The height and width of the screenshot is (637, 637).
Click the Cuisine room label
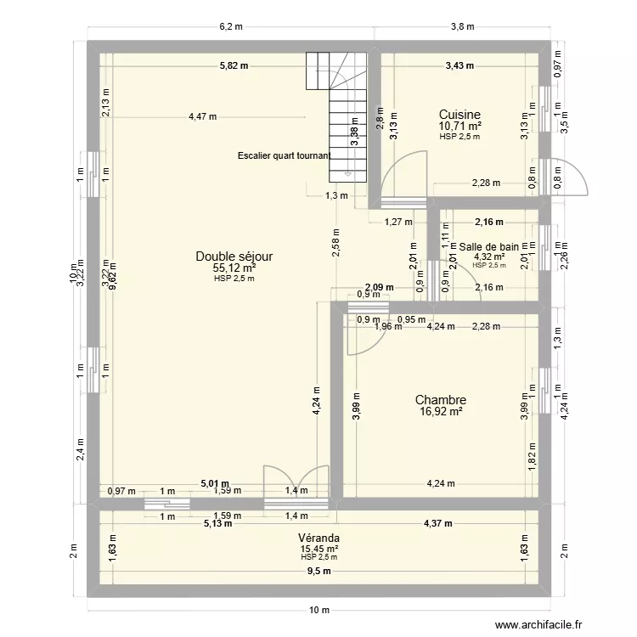pyautogui.click(x=459, y=115)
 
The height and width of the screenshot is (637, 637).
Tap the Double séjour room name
pyautogui.click(x=234, y=256)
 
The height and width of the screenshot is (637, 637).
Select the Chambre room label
pyautogui.click(x=440, y=400)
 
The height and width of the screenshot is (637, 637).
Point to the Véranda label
pyautogui.click(x=318, y=538)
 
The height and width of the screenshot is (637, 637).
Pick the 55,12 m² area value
pyautogui.click(x=234, y=268)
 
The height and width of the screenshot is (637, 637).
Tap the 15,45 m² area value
pyautogui.click(x=318, y=549)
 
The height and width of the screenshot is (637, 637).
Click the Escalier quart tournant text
pyautogui.click(x=284, y=155)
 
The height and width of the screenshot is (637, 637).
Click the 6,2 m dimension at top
pyautogui.click(x=231, y=26)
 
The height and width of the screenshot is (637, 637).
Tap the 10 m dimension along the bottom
pyautogui.click(x=318, y=610)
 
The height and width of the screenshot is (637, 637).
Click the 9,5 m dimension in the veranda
pyautogui.click(x=318, y=572)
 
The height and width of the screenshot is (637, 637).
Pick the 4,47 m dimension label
pyautogui.click(x=202, y=117)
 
